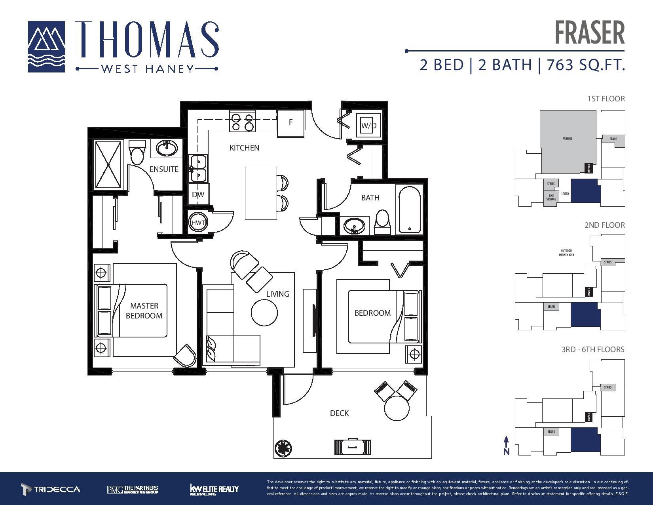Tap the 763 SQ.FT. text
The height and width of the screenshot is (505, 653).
point(585,65)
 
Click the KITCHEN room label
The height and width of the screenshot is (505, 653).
point(244,148)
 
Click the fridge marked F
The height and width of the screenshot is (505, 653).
point(290,122)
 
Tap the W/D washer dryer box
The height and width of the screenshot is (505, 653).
point(368,126)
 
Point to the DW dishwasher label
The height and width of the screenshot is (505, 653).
point(198,194)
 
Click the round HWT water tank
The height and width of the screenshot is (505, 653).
point(198,223)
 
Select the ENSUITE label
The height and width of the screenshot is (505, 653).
point(164,169)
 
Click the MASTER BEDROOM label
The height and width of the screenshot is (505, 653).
point(144,311)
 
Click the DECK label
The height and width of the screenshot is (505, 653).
point(339,413)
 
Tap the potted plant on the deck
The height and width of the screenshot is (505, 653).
point(284,448)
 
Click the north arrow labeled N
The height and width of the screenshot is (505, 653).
point(506,445)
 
